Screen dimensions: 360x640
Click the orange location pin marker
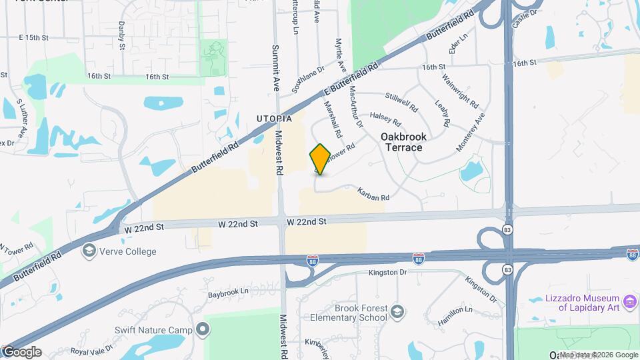click(x=321, y=159)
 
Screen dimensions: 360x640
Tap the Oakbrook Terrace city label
click(x=403, y=141)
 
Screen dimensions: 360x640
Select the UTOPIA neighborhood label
click(x=275, y=119)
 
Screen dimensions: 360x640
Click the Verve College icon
click(x=89, y=251)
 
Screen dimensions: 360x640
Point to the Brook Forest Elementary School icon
click(x=397, y=313)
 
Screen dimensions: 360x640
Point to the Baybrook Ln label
click(x=227, y=292)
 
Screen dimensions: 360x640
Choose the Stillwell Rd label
click(x=401, y=101)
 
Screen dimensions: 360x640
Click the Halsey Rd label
click(x=385, y=119)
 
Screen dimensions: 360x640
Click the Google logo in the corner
click(x=21, y=352)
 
